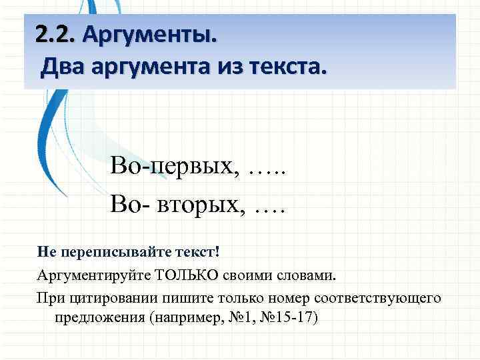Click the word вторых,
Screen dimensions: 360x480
[x=201, y=201]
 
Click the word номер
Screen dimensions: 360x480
[x=270, y=297]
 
